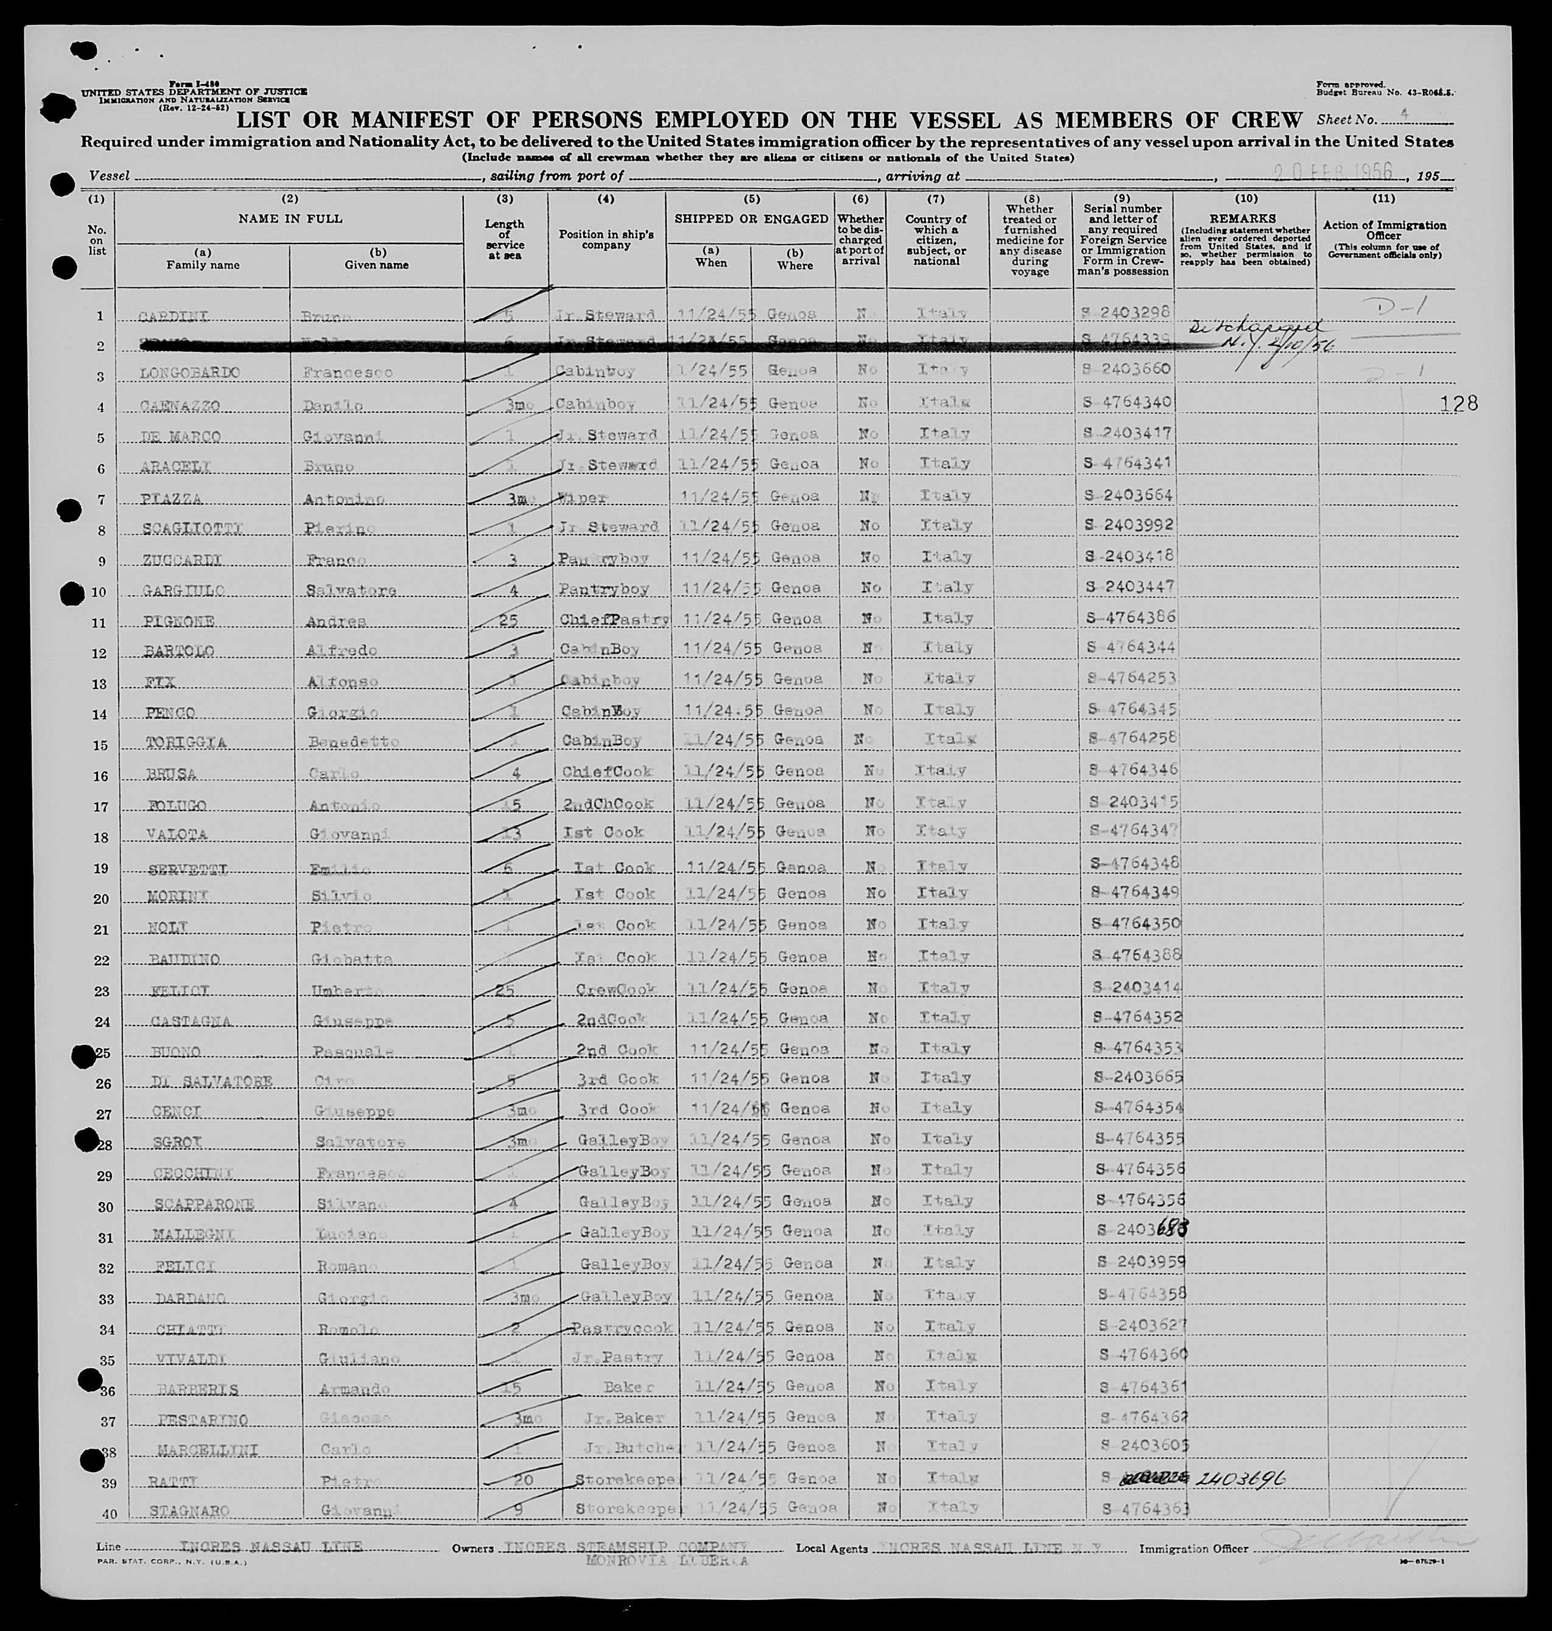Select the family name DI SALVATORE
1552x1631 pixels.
212,1082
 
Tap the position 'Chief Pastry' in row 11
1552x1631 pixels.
614,620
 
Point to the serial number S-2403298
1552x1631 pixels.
1126,313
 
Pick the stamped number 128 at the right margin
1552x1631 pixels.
1458,403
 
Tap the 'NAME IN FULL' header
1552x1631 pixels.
290,219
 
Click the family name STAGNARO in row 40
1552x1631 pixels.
189,1512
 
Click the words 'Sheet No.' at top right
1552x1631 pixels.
1347,120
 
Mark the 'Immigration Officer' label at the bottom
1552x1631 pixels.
1193,1548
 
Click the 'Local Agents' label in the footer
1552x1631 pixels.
832,1548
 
